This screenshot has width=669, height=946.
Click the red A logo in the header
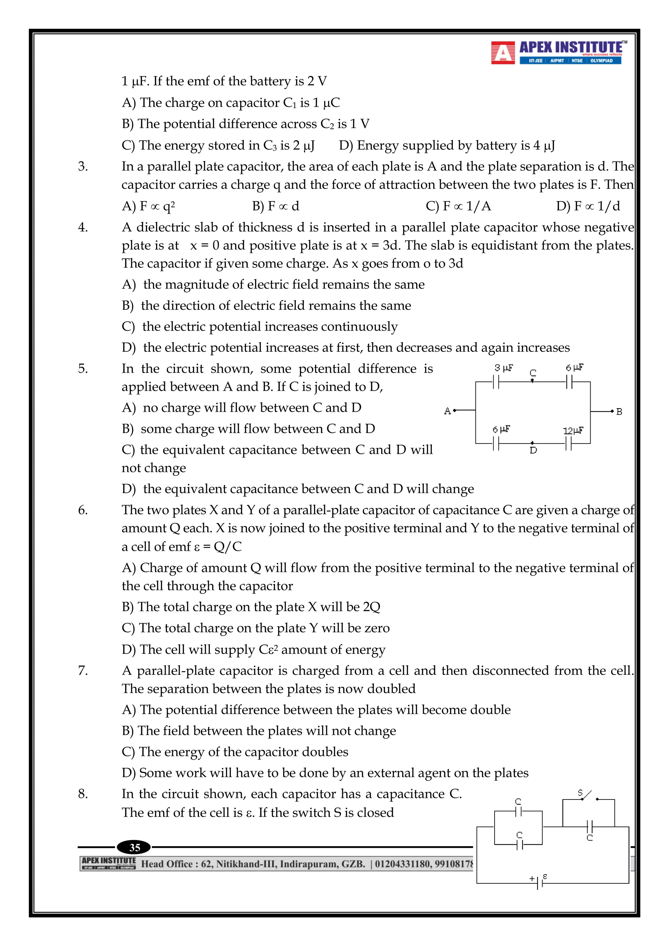point(503,53)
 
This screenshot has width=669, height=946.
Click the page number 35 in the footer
point(135,847)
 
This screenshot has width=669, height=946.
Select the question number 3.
point(83,166)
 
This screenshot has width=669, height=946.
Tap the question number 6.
point(83,510)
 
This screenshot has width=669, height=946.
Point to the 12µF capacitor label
point(573,430)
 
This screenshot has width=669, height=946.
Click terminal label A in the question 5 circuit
point(448,411)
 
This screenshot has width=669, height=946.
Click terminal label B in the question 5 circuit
point(619,411)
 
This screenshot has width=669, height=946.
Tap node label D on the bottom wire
point(533,450)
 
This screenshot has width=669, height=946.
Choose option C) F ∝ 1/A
point(458,206)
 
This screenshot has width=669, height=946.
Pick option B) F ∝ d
point(275,206)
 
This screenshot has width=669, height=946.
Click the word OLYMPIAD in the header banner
point(601,61)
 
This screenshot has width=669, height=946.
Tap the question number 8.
point(83,794)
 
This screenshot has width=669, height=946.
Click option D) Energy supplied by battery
point(447,146)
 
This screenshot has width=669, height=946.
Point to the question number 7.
point(83,670)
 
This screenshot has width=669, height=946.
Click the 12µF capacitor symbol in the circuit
point(569,444)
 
